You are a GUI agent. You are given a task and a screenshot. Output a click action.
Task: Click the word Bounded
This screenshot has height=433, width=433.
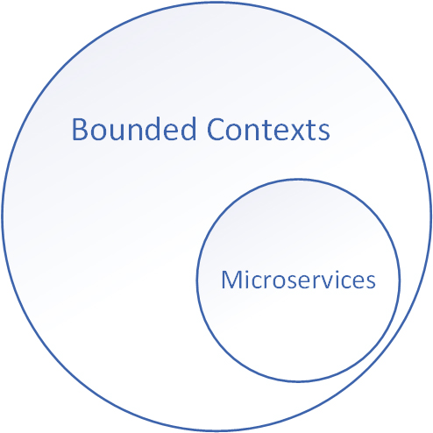(134, 129)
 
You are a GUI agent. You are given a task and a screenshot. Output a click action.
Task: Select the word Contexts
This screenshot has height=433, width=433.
(268, 130)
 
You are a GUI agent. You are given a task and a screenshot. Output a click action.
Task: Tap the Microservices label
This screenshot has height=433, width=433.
(298, 280)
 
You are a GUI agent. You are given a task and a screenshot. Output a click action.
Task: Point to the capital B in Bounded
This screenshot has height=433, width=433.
(80, 130)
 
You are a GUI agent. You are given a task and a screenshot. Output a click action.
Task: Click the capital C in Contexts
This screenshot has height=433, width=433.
(216, 130)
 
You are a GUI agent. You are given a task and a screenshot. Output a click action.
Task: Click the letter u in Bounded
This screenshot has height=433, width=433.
(117, 132)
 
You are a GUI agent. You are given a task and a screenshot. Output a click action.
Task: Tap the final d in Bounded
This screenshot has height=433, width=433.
(188, 129)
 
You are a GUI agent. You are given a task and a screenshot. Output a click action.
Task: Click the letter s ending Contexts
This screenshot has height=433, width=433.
(324, 132)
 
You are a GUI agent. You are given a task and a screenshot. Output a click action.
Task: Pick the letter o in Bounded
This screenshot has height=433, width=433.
(98, 132)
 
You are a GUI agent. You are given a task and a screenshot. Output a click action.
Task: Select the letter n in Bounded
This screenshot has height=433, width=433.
(137, 132)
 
